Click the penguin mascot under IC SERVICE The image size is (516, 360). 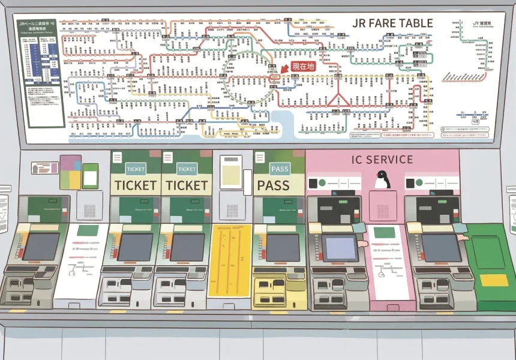point(380,178)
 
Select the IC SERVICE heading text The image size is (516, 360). point(382,160)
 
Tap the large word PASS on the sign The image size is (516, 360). point(281,185)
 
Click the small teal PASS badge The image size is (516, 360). point(280,169)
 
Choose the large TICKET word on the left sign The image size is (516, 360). point(135,185)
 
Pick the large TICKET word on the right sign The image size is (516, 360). point(187,185)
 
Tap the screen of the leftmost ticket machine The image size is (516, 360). point(41,247)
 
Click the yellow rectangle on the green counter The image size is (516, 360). point(494,280)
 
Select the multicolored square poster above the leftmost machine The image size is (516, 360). point(70,171)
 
